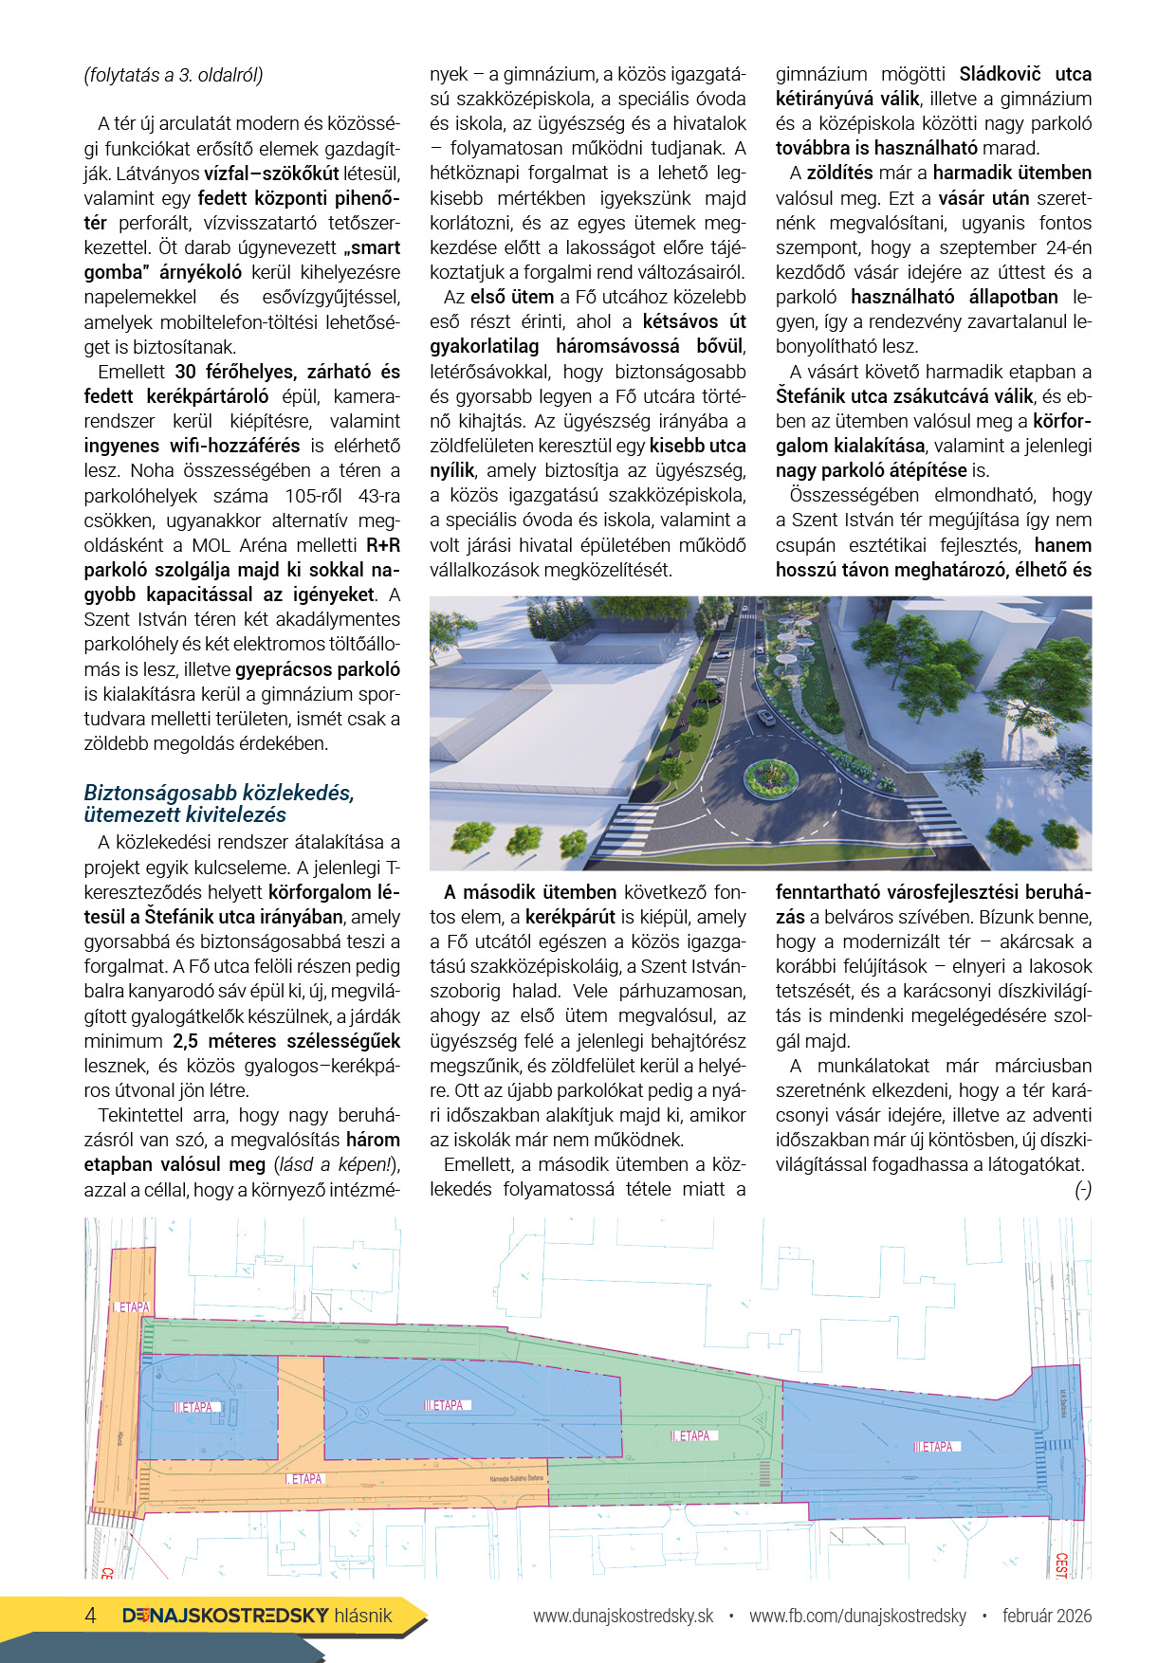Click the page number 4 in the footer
click(x=91, y=1616)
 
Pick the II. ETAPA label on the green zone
click(x=692, y=1435)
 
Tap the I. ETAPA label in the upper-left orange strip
click(x=132, y=1307)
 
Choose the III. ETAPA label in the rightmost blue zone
click(x=934, y=1447)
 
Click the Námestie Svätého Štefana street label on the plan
click(x=517, y=1478)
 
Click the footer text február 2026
click(x=1047, y=1616)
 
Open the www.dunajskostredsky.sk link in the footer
click(x=623, y=1616)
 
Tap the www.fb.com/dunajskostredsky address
click(x=857, y=1616)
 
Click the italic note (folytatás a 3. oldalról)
click(x=174, y=75)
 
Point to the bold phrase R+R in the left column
click(x=383, y=545)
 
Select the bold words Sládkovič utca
click(x=1025, y=74)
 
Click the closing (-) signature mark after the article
click(x=1082, y=1190)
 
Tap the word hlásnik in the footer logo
click(x=363, y=1616)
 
